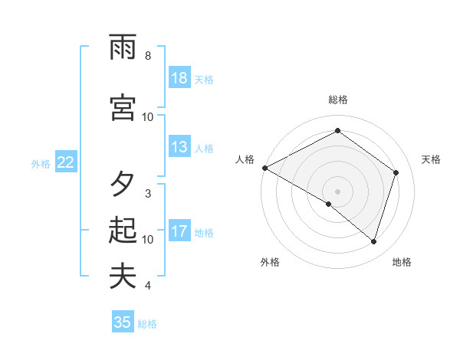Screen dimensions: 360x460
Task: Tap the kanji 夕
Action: point(123,184)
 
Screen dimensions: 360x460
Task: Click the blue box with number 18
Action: point(179,78)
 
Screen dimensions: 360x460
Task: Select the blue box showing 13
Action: point(179,147)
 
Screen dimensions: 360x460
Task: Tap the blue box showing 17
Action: point(179,231)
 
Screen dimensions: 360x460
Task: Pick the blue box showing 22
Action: point(66,162)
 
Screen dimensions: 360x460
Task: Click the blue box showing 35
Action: point(123,322)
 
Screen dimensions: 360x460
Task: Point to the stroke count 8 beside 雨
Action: point(148,56)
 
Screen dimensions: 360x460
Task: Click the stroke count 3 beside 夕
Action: point(148,193)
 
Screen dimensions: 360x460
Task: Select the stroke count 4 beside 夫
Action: point(148,286)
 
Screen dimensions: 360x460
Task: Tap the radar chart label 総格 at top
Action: point(337,100)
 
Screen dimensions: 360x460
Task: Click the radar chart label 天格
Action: point(431,159)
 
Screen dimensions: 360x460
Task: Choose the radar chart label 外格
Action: point(270,262)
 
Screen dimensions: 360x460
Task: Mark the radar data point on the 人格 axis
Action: point(264,168)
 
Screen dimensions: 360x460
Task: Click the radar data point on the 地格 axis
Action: point(373,241)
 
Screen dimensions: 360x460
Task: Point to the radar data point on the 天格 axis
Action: point(396,172)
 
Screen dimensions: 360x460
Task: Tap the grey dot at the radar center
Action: point(337,191)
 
